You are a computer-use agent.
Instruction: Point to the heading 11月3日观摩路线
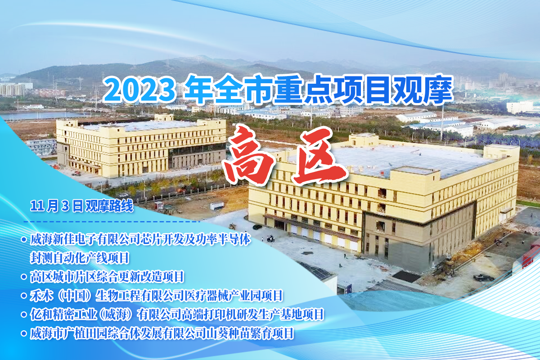pos(81,206)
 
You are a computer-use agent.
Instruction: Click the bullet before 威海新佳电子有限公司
pos(23,239)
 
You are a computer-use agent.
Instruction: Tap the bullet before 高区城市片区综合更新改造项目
pos(23,277)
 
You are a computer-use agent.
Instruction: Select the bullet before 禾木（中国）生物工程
pos(23,295)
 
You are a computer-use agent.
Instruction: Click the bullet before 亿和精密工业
pos(23,314)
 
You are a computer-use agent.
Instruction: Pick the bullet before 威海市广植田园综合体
pos(23,333)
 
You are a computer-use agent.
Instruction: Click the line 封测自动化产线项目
pos(80,258)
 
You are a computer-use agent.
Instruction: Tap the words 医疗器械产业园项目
pos(233,296)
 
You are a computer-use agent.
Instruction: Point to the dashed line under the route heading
pos(112,221)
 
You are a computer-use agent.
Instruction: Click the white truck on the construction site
pos(217,206)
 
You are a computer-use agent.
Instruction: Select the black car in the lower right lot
pos(484,278)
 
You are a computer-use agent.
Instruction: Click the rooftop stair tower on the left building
pos(164,117)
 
